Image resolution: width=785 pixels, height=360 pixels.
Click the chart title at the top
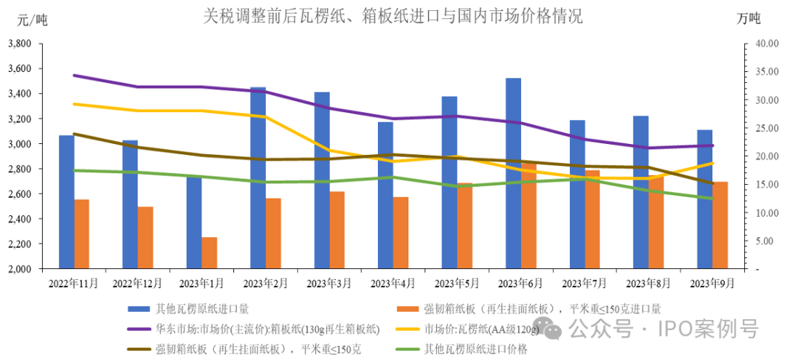pyautogui.click(x=393, y=15)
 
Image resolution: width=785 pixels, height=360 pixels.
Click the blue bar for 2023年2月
pyautogui.click(x=258, y=178)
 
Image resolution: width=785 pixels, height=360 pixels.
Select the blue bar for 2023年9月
pyautogui.click(x=704, y=199)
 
